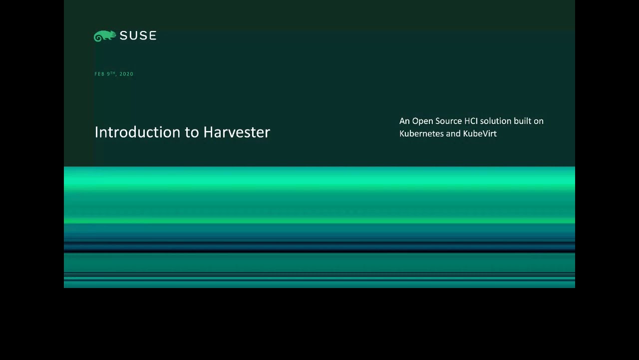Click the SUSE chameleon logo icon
point(105,36)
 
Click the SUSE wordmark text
point(138,35)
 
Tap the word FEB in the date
point(99,74)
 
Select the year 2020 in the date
point(126,74)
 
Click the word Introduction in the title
point(137,132)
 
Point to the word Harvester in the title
point(237,132)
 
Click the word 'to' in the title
point(192,133)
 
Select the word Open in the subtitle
point(423,121)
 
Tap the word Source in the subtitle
point(449,121)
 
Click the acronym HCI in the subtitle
point(471,121)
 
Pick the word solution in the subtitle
point(496,121)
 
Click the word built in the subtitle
point(522,121)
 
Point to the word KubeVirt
point(480,133)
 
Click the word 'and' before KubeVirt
point(454,133)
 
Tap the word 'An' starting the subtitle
point(404,121)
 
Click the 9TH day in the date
point(111,73)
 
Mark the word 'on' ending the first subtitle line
point(539,121)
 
